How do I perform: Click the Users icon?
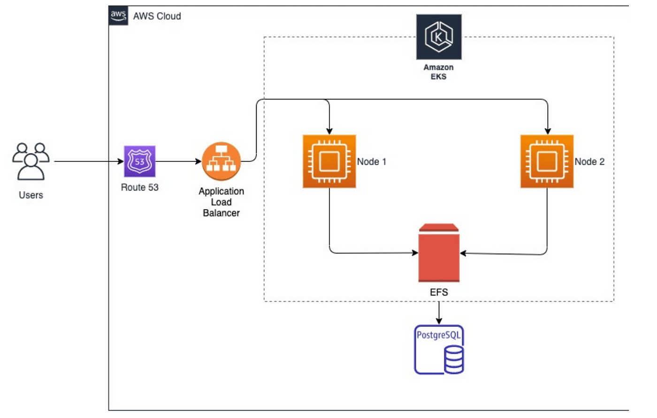[x=31, y=161]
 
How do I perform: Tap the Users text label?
[x=31, y=195]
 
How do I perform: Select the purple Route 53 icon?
[x=139, y=161]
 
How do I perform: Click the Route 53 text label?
[x=140, y=188]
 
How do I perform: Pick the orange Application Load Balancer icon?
[x=221, y=161]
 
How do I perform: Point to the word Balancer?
[x=221, y=213]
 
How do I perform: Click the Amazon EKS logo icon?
[x=439, y=37]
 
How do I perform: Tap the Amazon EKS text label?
[x=438, y=72]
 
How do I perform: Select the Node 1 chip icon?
[x=329, y=161]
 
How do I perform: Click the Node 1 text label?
[x=372, y=162]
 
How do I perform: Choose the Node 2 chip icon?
[x=547, y=161]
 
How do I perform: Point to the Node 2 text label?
[x=589, y=162]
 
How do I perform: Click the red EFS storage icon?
[x=439, y=253]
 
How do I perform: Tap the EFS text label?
[x=439, y=292]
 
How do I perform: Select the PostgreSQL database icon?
[x=439, y=350]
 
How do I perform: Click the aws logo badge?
[x=118, y=15]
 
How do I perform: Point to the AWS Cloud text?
[x=157, y=16]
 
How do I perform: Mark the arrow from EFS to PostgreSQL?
[x=439, y=312]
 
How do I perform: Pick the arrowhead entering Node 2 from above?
[x=547, y=131]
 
